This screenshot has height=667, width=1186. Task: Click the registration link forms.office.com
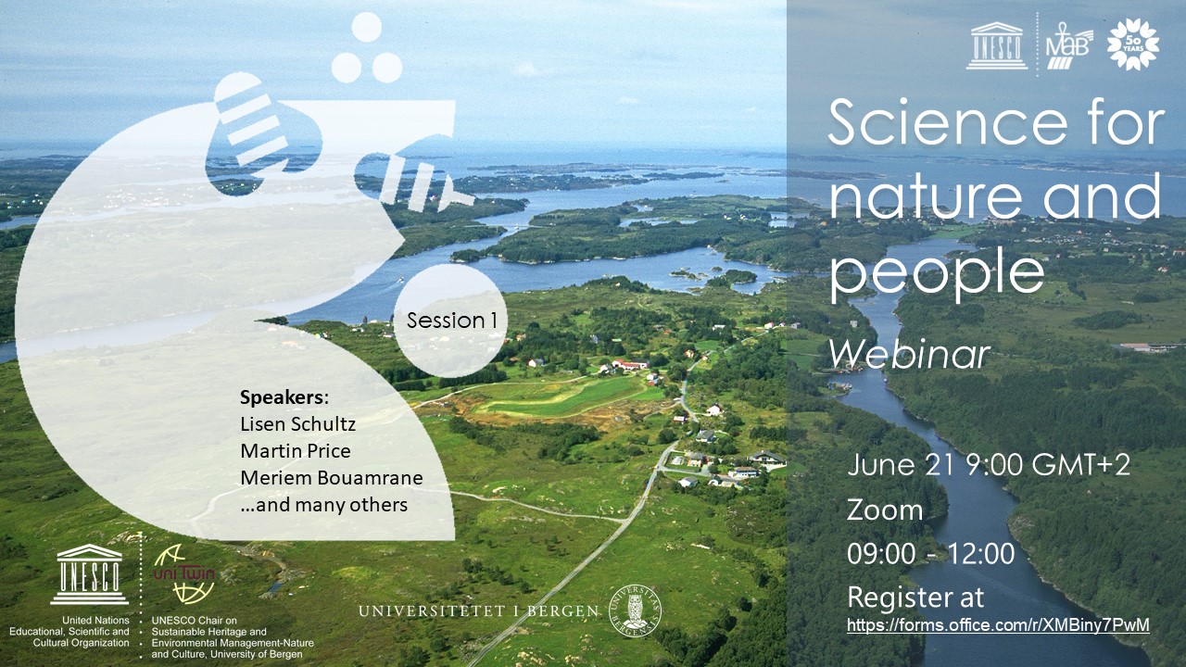998,625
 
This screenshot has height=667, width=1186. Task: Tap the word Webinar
910,352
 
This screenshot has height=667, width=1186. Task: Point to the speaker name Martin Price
296,452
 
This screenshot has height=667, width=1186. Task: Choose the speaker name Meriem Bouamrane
332,478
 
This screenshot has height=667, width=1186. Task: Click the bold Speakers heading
284,398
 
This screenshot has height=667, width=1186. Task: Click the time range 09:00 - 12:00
930,554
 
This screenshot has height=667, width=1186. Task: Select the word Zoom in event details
885,510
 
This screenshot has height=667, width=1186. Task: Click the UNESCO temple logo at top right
997,45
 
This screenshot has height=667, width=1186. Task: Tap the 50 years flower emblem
1133,44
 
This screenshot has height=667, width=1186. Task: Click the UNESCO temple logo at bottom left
90,574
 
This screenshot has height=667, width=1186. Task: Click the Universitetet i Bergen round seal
636,611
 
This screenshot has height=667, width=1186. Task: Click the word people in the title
936,273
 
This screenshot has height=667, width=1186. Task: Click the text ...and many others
323,505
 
